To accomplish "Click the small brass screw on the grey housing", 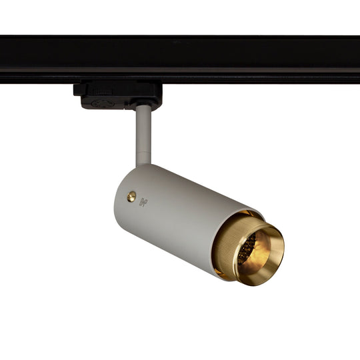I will [132, 196].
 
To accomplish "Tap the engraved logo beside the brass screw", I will [143, 202].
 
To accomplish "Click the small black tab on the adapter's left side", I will [78, 89].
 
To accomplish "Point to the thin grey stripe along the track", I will [180, 69].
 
